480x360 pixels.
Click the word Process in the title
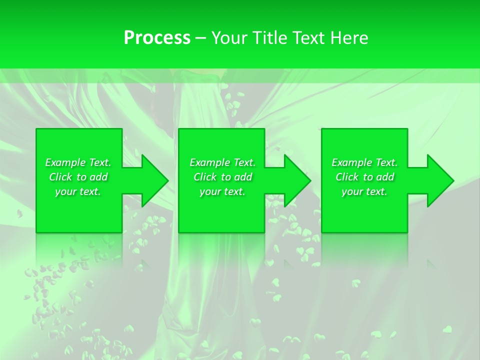point(157,38)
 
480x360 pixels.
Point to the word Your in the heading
point(228,38)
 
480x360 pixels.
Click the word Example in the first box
point(65,162)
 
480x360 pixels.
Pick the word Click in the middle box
point(205,177)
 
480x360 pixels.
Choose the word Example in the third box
point(352,162)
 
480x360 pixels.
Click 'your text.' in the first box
point(78,191)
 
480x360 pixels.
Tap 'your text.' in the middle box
point(222,191)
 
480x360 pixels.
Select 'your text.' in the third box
point(364,191)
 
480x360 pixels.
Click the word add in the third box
point(385,177)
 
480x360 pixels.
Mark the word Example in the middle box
point(209,162)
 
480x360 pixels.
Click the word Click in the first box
point(60,177)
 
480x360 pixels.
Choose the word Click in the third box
point(347,177)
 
